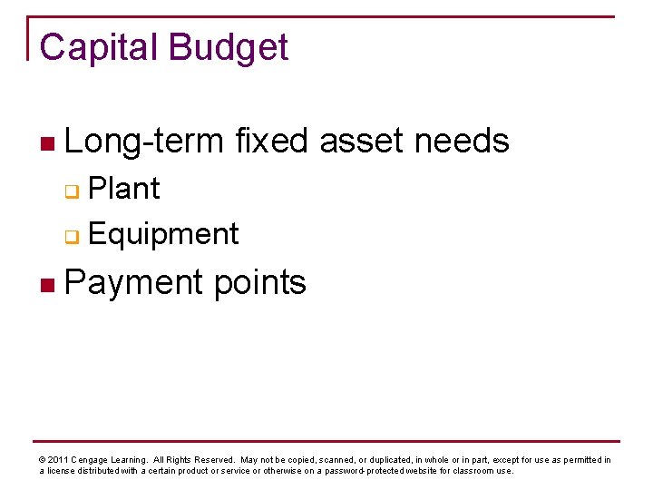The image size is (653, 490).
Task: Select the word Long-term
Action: [144, 141]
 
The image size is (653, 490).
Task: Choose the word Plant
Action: [124, 189]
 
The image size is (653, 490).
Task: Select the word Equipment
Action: [164, 234]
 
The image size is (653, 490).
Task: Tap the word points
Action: [260, 282]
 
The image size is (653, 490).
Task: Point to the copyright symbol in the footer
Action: [42, 460]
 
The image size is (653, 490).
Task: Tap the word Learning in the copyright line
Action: [132, 460]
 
